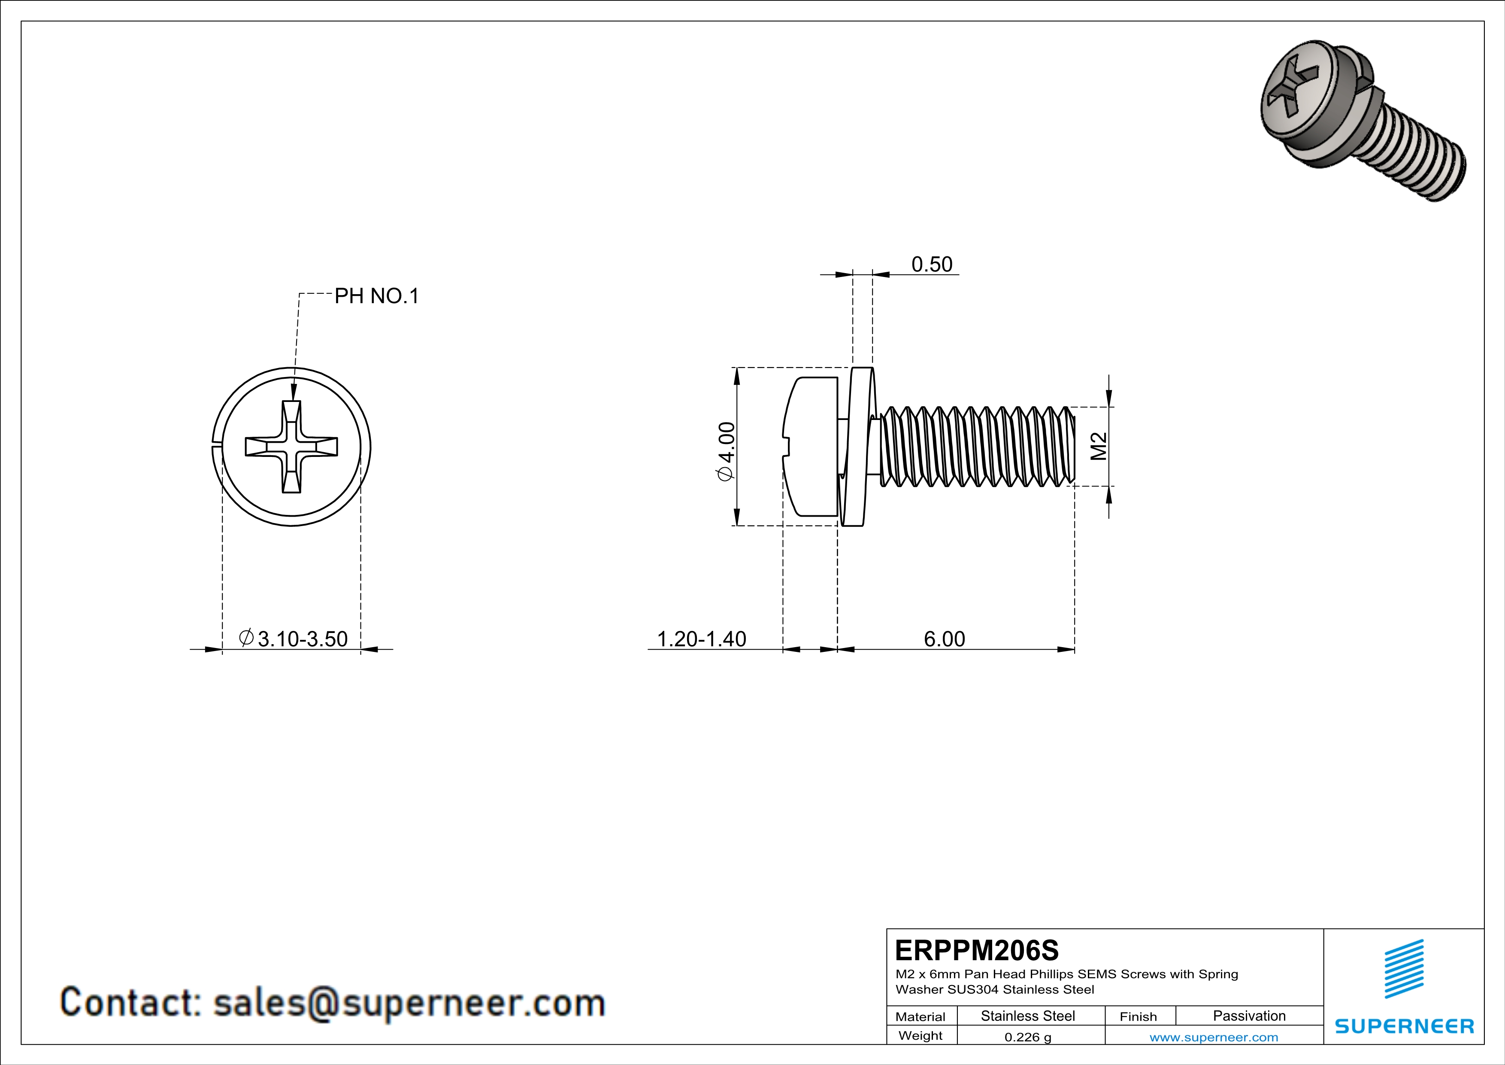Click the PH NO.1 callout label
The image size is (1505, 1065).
click(x=376, y=296)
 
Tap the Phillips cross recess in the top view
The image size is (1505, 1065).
click(x=292, y=447)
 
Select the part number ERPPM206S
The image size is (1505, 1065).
click(x=976, y=950)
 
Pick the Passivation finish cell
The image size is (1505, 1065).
click(x=1249, y=1016)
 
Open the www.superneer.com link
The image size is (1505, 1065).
click(x=1213, y=1037)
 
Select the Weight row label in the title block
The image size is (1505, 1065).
click(x=921, y=1035)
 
